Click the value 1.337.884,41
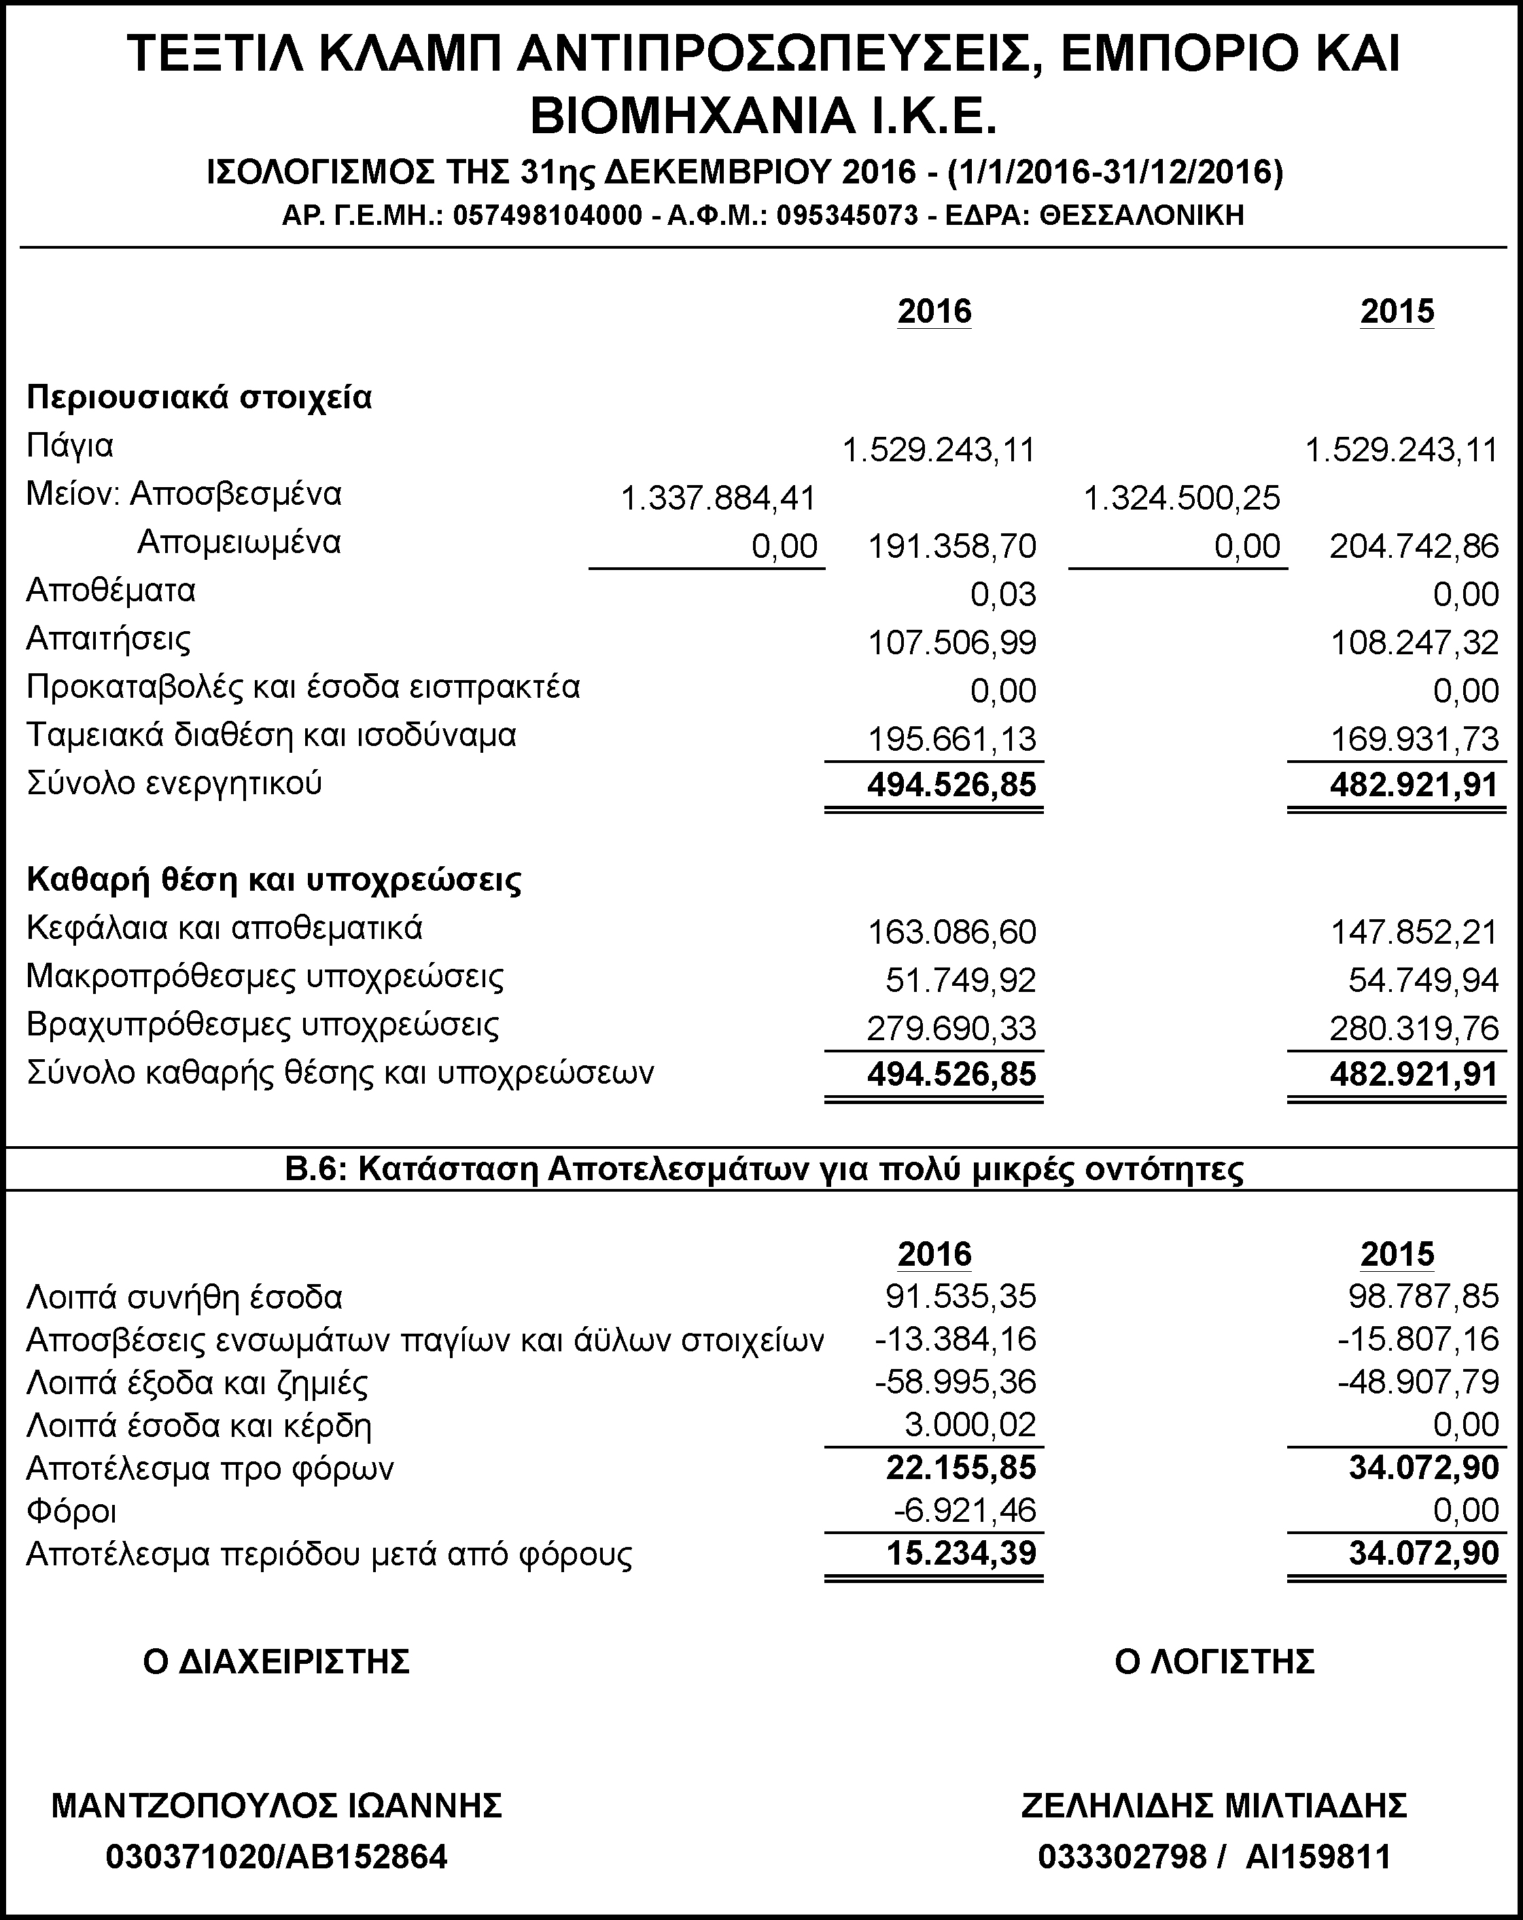[x=718, y=499]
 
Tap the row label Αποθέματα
[x=111, y=590]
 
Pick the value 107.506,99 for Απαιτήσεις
[x=952, y=643]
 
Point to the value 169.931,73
[x=1414, y=739]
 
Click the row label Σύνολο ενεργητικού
[x=175, y=783]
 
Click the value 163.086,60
[x=952, y=932]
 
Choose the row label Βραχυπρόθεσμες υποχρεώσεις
[x=263, y=1025]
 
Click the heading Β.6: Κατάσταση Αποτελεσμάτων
[x=763, y=1169]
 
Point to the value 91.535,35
[x=961, y=1296]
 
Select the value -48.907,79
[x=1419, y=1382]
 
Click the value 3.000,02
[x=970, y=1425]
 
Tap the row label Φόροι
[x=72, y=1511]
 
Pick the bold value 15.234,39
[x=961, y=1553]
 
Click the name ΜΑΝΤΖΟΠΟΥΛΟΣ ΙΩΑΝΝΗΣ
[x=277, y=1805]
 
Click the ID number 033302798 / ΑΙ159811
[x=1214, y=1857]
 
